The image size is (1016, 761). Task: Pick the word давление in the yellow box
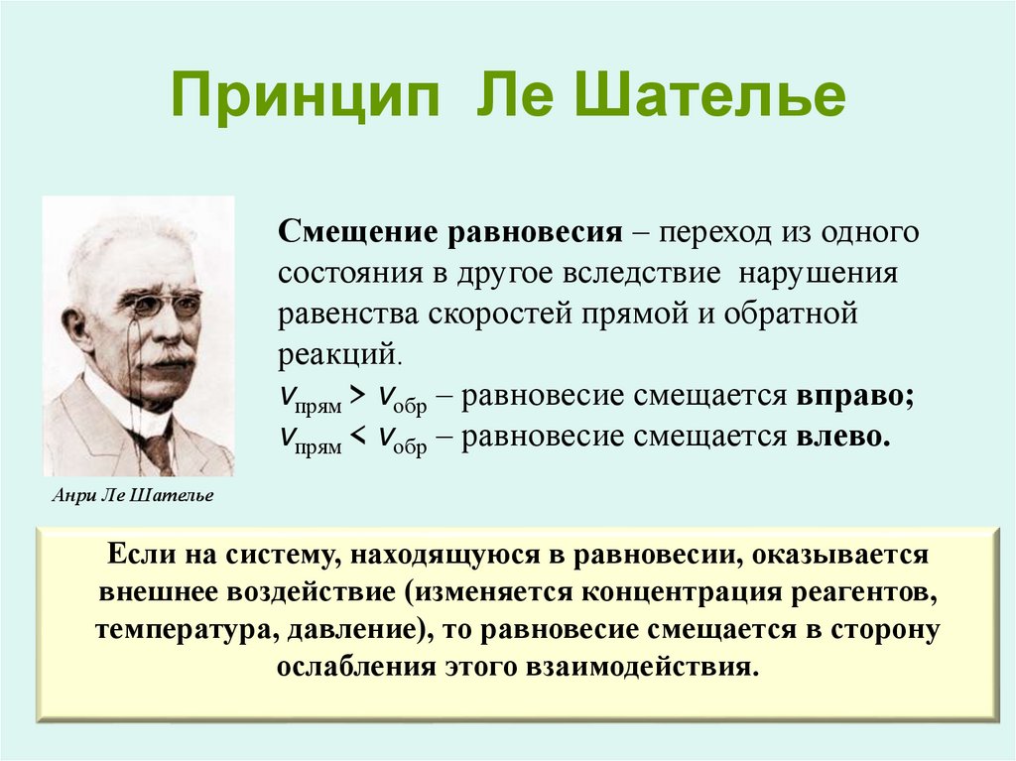click(344, 630)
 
